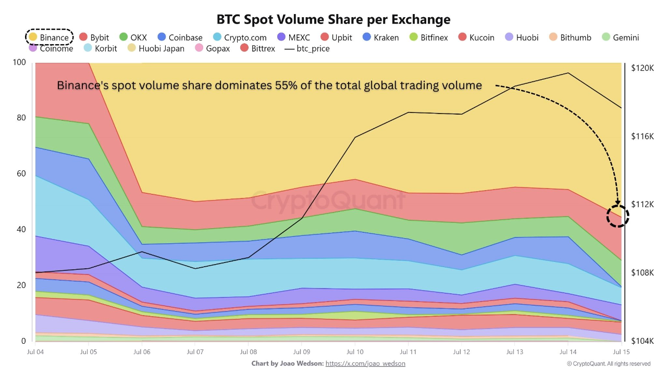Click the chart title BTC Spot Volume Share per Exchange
pyautogui.click(x=333, y=19)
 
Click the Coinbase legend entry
pyautogui.click(x=180, y=37)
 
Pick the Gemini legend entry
pyautogui.click(x=620, y=37)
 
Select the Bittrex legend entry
pyautogui.click(x=257, y=48)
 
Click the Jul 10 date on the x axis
pyautogui.click(x=355, y=352)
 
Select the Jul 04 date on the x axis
pyautogui.click(x=35, y=352)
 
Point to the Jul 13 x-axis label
pyautogui.click(x=515, y=352)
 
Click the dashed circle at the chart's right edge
pyautogui.click(x=618, y=216)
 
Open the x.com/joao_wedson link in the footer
pyautogui.click(x=365, y=364)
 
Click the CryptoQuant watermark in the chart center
pyautogui.click(x=328, y=201)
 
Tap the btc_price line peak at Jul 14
pyautogui.click(x=568, y=73)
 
